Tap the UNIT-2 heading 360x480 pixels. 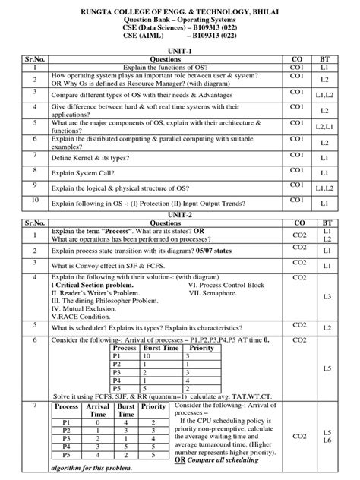pyautogui.click(x=180, y=215)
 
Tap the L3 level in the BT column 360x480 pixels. pyautogui.click(x=327, y=297)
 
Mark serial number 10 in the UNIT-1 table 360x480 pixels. pyautogui.click(x=35, y=201)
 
